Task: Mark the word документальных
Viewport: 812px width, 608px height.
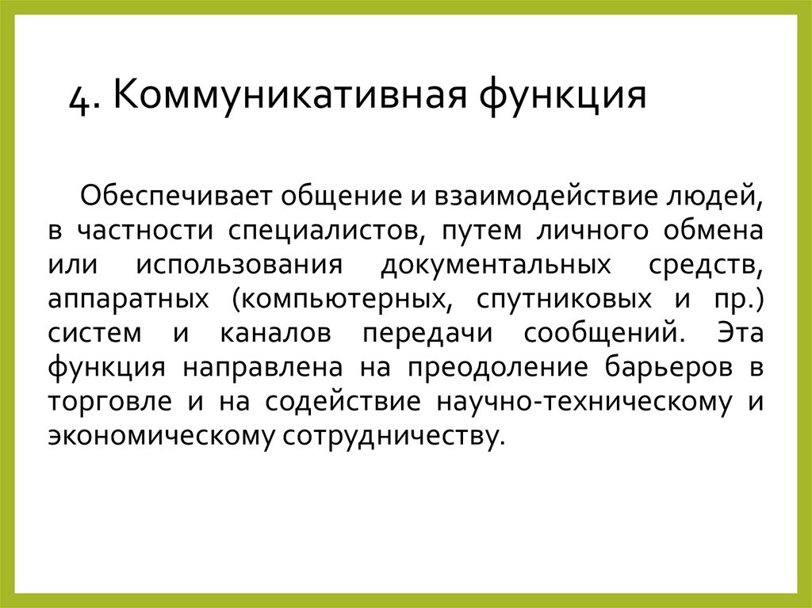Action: point(496,265)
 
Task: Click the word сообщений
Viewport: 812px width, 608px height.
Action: point(601,334)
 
